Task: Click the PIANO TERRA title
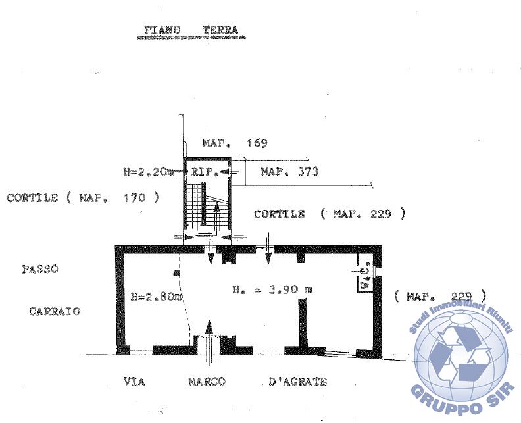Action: pyautogui.click(x=191, y=30)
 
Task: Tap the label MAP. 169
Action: pyautogui.click(x=235, y=143)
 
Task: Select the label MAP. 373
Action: pyautogui.click(x=289, y=172)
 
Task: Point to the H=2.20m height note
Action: pyautogui.click(x=149, y=172)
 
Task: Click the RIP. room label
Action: pyautogui.click(x=205, y=172)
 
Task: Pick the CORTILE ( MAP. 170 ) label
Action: pyautogui.click(x=83, y=198)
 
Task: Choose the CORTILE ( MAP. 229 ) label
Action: pyautogui.click(x=330, y=214)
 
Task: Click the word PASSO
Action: pyautogui.click(x=40, y=269)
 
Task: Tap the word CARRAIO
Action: pyautogui.click(x=55, y=311)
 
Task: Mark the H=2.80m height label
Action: pyautogui.click(x=157, y=296)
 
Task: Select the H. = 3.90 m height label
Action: pyautogui.click(x=272, y=289)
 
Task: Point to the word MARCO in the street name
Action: pyautogui.click(x=207, y=381)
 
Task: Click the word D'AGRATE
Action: pyautogui.click(x=298, y=381)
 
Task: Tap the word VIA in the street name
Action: pyautogui.click(x=134, y=381)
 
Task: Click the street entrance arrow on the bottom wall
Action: pyautogui.click(x=209, y=341)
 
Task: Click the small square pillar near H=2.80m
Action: pyautogui.click(x=176, y=274)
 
